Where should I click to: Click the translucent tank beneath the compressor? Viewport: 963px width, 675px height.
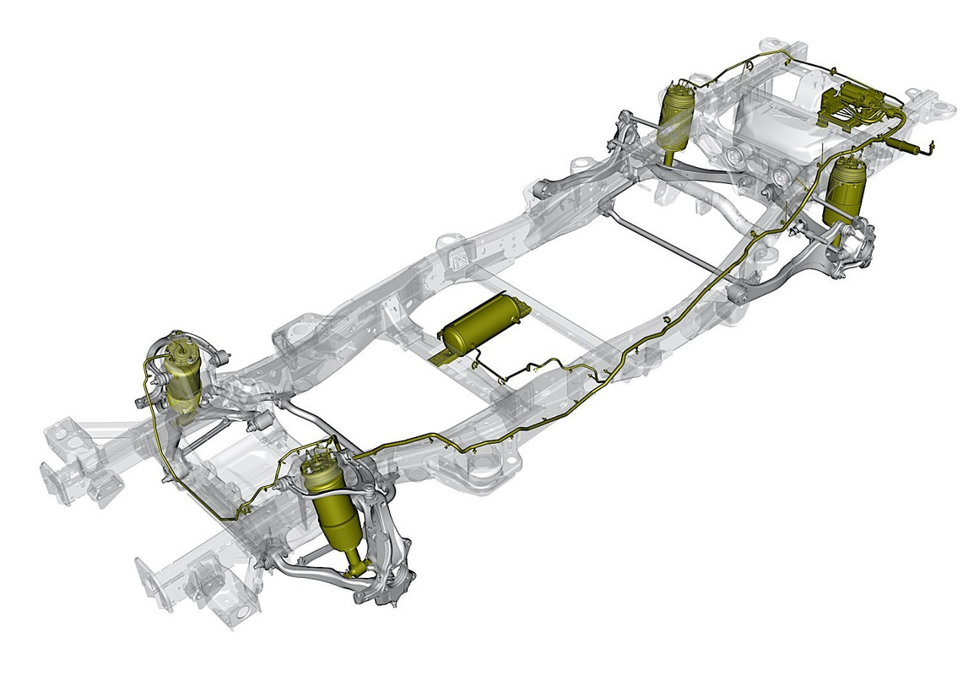click(x=776, y=131)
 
